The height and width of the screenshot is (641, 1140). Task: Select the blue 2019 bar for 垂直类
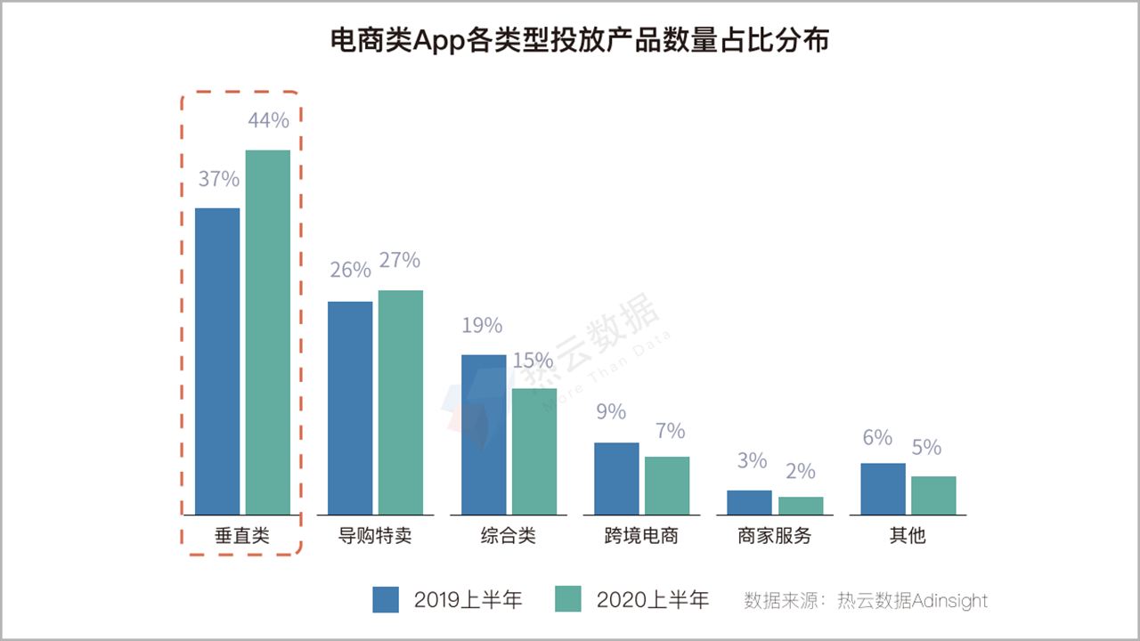coord(217,361)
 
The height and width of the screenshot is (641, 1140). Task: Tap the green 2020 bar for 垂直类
coord(268,332)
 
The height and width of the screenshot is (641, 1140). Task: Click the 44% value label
coord(268,121)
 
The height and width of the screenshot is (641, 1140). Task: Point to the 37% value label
coord(218,179)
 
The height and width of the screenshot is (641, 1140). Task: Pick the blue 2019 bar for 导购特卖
coord(350,408)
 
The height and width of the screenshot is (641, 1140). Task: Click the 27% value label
coord(399,260)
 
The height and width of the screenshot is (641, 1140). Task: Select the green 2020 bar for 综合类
coord(533,451)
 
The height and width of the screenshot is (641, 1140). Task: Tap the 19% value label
coord(482,326)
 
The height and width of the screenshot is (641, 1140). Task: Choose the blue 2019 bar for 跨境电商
coord(616,478)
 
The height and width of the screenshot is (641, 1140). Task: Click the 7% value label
coord(669,432)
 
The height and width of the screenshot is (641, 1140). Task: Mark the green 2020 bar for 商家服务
coord(801,506)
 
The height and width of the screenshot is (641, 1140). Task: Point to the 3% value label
coord(752,461)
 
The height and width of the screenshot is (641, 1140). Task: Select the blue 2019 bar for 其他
coord(883,489)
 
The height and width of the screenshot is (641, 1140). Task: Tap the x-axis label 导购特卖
coord(375,537)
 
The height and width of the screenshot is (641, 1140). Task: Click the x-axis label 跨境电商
coord(641,537)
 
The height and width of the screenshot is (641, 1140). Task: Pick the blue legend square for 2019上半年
coord(386,600)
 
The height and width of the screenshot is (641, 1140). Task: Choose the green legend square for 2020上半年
coord(567,600)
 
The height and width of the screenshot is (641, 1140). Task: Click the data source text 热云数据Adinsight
coord(912,601)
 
